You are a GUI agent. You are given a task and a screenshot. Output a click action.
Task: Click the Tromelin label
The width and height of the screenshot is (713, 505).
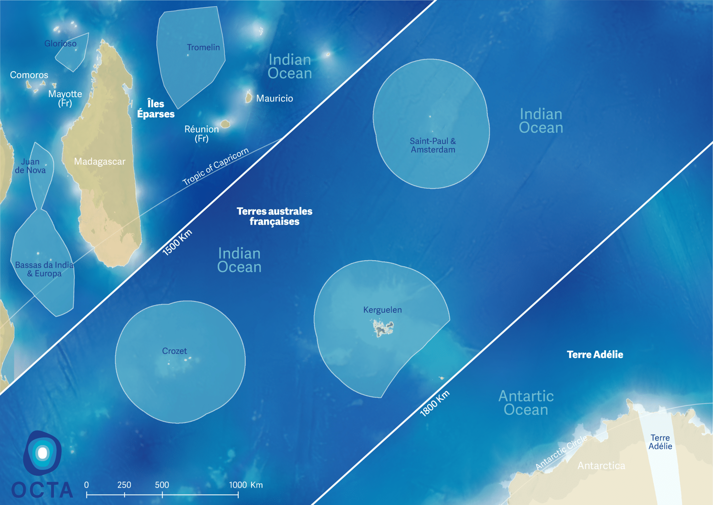pyautogui.click(x=203, y=47)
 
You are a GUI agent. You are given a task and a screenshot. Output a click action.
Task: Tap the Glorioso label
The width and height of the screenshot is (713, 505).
pyautogui.click(x=61, y=44)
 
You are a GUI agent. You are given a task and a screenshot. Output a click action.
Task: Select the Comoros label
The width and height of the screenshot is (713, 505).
pyautogui.click(x=29, y=75)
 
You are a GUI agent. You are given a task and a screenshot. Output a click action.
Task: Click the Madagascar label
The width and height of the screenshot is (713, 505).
pyautogui.click(x=100, y=162)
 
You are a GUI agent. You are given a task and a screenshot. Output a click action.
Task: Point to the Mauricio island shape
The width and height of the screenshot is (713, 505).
pyautogui.click(x=249, y=97)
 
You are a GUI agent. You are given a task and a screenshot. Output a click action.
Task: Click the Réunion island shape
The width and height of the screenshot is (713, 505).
pyautogui.click(x=225, y=124)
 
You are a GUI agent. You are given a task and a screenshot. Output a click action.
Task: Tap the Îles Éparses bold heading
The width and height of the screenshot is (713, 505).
pyautogui.click(x=156, y=109)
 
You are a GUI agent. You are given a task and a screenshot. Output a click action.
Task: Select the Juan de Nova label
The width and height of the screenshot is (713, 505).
pyautogui.click(x=30, y=166)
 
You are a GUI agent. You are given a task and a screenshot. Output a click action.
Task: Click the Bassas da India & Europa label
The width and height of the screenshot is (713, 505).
pyautogui.click(x=44, y=269)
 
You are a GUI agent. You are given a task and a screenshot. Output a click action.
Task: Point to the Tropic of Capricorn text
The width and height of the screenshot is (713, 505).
pyautogui.click(x=216, y=166)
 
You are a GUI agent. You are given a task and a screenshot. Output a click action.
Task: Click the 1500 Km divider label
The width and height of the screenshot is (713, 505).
pyautogui.click(x=177, y=243)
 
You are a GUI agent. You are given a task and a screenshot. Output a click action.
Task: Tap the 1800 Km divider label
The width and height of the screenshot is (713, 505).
pyautogui.click(x=434, y=404)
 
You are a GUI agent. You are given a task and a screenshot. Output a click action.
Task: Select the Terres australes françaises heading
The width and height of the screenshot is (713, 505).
pyautogui.click(x=274, y=216)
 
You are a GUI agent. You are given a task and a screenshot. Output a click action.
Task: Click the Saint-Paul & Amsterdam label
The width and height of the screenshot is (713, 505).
pyautogui.click(x=433, y=145)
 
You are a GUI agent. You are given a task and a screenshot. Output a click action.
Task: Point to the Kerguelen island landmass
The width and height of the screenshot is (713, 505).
pyautogui.click(x=383, y=328)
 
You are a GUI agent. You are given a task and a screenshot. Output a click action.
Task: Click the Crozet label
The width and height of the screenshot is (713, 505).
pyautogui.click(x=174, y=351)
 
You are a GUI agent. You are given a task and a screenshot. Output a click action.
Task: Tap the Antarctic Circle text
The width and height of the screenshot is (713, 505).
pyautogui.click(x=561, y=452)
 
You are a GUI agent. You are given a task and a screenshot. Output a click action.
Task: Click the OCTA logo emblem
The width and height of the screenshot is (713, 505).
pyautogui.click(x=42, y=453)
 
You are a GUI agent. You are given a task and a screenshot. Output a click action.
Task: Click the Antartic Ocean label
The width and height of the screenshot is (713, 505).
pyautogui.click(x=526, y=403)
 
